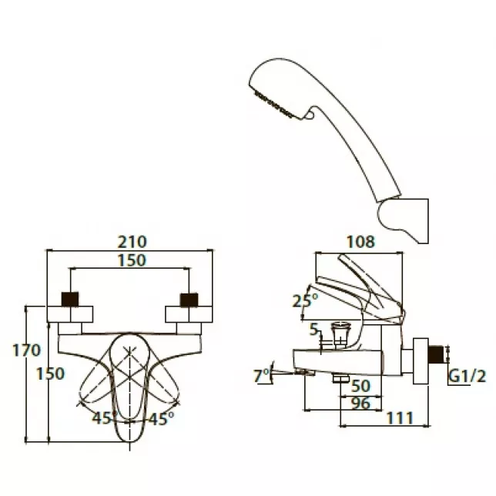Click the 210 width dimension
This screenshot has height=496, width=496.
[132, 242]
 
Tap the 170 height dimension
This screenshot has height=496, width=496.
[26, 350]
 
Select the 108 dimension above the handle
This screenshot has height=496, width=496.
[360, 242]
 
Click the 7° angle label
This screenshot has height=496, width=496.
[261, 376]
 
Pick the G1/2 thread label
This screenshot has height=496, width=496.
[468, 377]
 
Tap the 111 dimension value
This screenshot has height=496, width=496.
[400, 418]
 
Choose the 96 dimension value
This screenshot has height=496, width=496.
[360, 404]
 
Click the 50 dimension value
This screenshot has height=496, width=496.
[360, 386]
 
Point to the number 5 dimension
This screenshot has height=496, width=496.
[313, 330]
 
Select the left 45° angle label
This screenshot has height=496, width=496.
[102, 418]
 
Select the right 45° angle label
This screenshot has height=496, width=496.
[161, 418]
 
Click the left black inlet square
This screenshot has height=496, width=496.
[70, 300]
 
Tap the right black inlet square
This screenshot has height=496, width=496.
[189, 300]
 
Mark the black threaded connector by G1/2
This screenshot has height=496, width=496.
[436, 354]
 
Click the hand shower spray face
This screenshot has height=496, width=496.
[273, 103]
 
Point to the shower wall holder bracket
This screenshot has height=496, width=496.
[404, 220]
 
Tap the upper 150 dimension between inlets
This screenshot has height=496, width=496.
[132, 260]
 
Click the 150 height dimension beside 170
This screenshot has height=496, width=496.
[50, 374]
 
